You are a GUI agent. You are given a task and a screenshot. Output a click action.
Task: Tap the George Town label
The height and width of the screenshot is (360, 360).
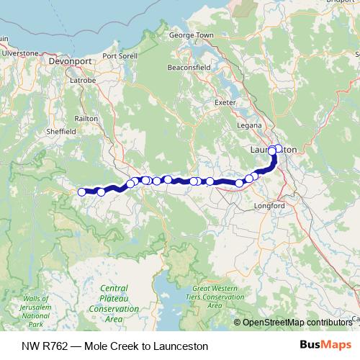[x=191, y=35]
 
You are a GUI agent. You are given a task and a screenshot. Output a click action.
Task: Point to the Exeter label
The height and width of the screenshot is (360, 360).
[x=225, y=102]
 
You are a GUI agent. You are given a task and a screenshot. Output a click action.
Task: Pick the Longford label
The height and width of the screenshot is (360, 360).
[x=269, y=206]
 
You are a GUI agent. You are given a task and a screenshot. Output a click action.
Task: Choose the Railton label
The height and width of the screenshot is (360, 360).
[x=86, y=119]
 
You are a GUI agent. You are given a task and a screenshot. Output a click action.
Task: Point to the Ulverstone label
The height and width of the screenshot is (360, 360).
[x=20, y=53]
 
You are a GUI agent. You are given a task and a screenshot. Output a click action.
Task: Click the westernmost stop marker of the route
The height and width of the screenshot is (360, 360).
[x=82, y=192]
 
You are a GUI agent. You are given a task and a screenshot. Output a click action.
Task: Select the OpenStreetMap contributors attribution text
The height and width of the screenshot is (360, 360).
[x=296, y=322]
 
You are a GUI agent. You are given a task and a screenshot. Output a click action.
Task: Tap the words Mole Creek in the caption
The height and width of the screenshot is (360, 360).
[x=109, y=346]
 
